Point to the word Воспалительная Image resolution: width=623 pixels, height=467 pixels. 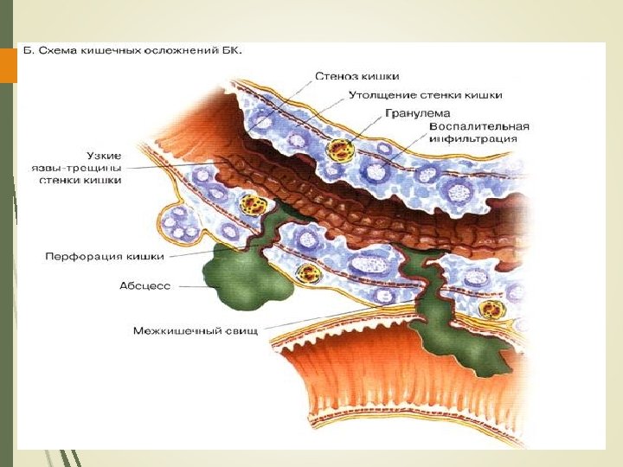[x=478, y=126]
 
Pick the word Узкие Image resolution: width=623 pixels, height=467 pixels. [x=105, y=153]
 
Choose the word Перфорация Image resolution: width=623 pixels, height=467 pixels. [x=82, y=256]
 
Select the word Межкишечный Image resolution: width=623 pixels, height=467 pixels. [x=181, y=330]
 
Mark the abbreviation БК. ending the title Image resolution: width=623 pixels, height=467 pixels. [x=230, y=52]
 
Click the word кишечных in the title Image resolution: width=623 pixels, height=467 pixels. [x=113, y=52]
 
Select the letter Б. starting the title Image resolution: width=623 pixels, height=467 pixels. [x=27, y=52]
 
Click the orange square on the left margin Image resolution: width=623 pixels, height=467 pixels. [x=9, y=66]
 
